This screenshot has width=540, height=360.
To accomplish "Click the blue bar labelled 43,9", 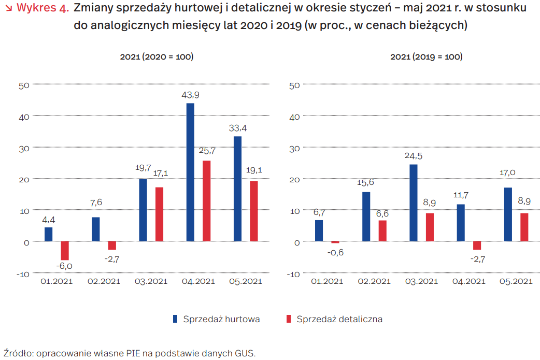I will coord(190,172).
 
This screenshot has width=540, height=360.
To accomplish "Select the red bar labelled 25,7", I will coord(206,201).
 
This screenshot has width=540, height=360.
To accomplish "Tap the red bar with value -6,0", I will coord(65,251).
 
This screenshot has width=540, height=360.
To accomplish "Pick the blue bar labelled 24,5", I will coord(414,203).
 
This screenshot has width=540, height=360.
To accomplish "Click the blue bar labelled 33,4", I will coord(237,189).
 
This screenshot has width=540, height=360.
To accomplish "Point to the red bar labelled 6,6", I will coord(382,231).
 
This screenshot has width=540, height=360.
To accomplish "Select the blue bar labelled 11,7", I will coord(461,223).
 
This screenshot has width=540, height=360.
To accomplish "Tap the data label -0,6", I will coord(335,253).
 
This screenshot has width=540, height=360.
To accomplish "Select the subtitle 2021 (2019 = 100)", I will coord(426,57).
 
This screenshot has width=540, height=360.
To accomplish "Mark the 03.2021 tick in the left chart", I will coord(151,281).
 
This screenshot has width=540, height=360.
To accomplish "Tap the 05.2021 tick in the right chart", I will coord(516,281).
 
